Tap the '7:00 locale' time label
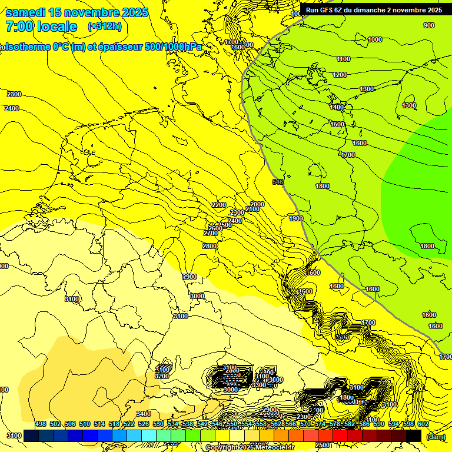[41, 26]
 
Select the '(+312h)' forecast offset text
[105, 26]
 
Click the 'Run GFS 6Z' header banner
[374, 10]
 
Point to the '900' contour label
[429, 25]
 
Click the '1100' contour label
[344, 59]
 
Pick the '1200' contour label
[340, 75]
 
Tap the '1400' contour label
[337, 108]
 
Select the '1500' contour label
[337, 125]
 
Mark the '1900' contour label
[295, 219]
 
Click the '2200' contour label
[219, 205]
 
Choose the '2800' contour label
[210, 246]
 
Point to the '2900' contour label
[190, 277]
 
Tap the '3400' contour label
[144, 414]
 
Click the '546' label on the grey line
[278, 182]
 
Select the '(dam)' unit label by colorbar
[436, 437]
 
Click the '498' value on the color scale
[41, 424]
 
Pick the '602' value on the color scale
[423, 424]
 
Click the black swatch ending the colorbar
[414, 436]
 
